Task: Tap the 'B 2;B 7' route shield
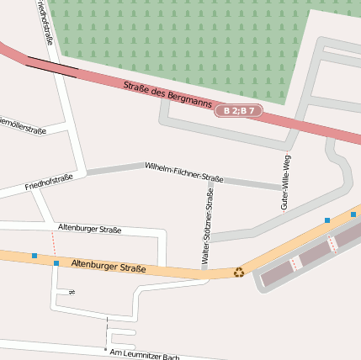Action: click(x=239, y=111)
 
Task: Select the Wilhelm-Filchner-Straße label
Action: click(x=183, y=172)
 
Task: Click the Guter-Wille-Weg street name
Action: click(x=285, y=183)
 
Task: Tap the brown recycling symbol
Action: click(x=239, y=272)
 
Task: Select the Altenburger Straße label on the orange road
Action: click(x=109, y=266)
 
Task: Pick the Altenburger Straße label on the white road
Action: click(x=89, y=229)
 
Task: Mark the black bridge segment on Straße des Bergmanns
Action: click(x=51, y=65)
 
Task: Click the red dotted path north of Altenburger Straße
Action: click(x=53, y=243)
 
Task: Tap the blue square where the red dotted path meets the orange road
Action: click(x=56, y=263)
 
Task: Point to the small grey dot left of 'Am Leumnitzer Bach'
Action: click(x=105, y=349)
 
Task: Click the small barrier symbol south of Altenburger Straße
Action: click(x=72, y=292)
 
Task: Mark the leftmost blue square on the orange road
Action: click(x=35, y=255)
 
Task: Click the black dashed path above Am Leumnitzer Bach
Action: click(x=107, y=328)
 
